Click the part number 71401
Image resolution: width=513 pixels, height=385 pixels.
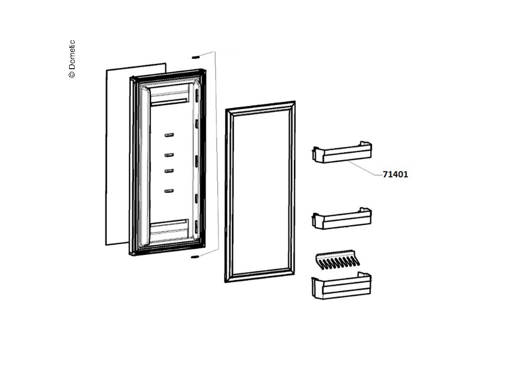coord(395,175)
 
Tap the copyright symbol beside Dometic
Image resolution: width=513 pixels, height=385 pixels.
coord(72,74)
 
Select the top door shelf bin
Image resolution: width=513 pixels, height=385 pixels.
coord(342,153)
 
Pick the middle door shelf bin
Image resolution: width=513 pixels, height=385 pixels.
coord(342,219)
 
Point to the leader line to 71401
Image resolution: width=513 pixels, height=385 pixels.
coord(363,168)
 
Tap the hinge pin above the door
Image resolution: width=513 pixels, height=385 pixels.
coord(195,58)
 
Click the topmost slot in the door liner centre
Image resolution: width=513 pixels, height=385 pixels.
coord(169,135)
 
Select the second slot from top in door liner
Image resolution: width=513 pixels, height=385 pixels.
coord(169,154)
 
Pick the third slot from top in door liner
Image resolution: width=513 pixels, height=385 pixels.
coord(169,170)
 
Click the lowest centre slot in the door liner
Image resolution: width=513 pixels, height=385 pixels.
coord(169,190)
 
